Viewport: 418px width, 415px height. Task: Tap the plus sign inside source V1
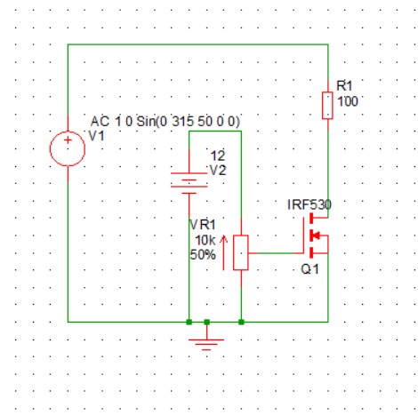click(68, 140)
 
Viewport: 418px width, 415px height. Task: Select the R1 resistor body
click(327, 106)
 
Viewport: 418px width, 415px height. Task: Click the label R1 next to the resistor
click(344, 86)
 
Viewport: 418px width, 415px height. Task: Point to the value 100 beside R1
click(348, 101)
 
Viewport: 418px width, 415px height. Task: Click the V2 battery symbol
click(189, 183)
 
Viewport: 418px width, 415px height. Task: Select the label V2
click(218, 170)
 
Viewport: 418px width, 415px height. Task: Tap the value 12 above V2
click(218, 156)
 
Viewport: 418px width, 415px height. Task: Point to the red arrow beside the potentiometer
click(223, 252)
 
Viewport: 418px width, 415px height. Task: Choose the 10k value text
click(205, 240)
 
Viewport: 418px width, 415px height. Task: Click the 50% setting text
click(203, 255)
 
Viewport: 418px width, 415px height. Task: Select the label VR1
click(202, 225)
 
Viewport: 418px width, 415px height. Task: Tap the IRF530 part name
click(309, 204)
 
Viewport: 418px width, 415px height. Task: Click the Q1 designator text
click(309, 269)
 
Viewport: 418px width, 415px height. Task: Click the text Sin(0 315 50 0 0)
click(188, 121)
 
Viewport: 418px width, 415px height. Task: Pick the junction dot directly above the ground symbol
click(207, 322)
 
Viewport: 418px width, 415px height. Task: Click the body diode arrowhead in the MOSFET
click(316, 235)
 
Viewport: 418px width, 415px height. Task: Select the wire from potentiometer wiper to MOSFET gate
click(276, 253)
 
